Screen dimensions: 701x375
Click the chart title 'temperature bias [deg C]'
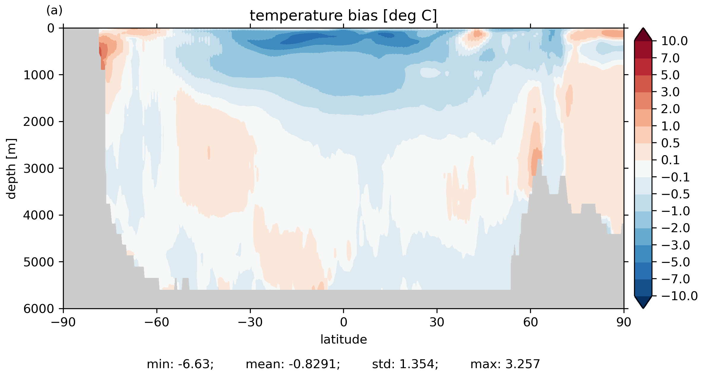click(x=343, y=16)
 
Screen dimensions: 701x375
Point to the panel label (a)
click(x=54, y=11)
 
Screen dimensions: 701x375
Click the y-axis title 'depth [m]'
click(x=11, y=168)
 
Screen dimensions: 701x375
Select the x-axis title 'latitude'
click(x=344, y=339)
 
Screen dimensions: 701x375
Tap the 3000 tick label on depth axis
click(x=39, y=168)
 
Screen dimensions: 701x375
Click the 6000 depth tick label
click(x=39, y=309)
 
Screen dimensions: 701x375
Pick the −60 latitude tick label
click(x=157, y=322)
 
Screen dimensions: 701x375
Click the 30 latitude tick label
click(x=437, y=322)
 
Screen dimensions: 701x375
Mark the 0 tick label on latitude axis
click(x=344, y=322)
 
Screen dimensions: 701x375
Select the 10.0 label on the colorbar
click(x=674, y=41)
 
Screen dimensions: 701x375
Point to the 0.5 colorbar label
click(x=670, y=143)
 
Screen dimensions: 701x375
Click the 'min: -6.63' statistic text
click(x=180, y=364)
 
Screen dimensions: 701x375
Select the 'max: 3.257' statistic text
click(x=505, y=364)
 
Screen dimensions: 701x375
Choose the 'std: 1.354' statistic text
click(x=405, y=364)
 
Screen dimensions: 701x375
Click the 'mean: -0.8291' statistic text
click(x=293, y=364)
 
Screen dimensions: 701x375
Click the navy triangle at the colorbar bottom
click(x=643, y=302)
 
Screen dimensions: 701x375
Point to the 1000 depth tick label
click(x=39, y=75)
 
